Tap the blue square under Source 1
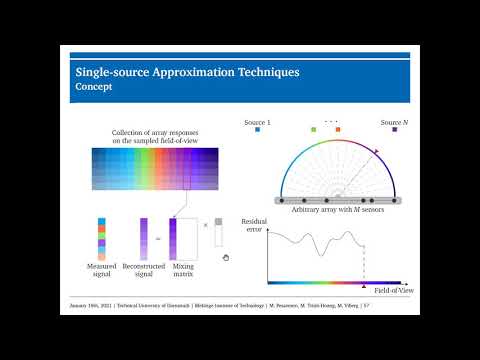tap(257, 129)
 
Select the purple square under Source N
tap(394, 129)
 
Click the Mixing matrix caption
tap(184, 271)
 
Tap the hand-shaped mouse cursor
tap(226, 258)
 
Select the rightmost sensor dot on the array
tap(397, 200)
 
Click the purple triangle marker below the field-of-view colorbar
tap(362, 287)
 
